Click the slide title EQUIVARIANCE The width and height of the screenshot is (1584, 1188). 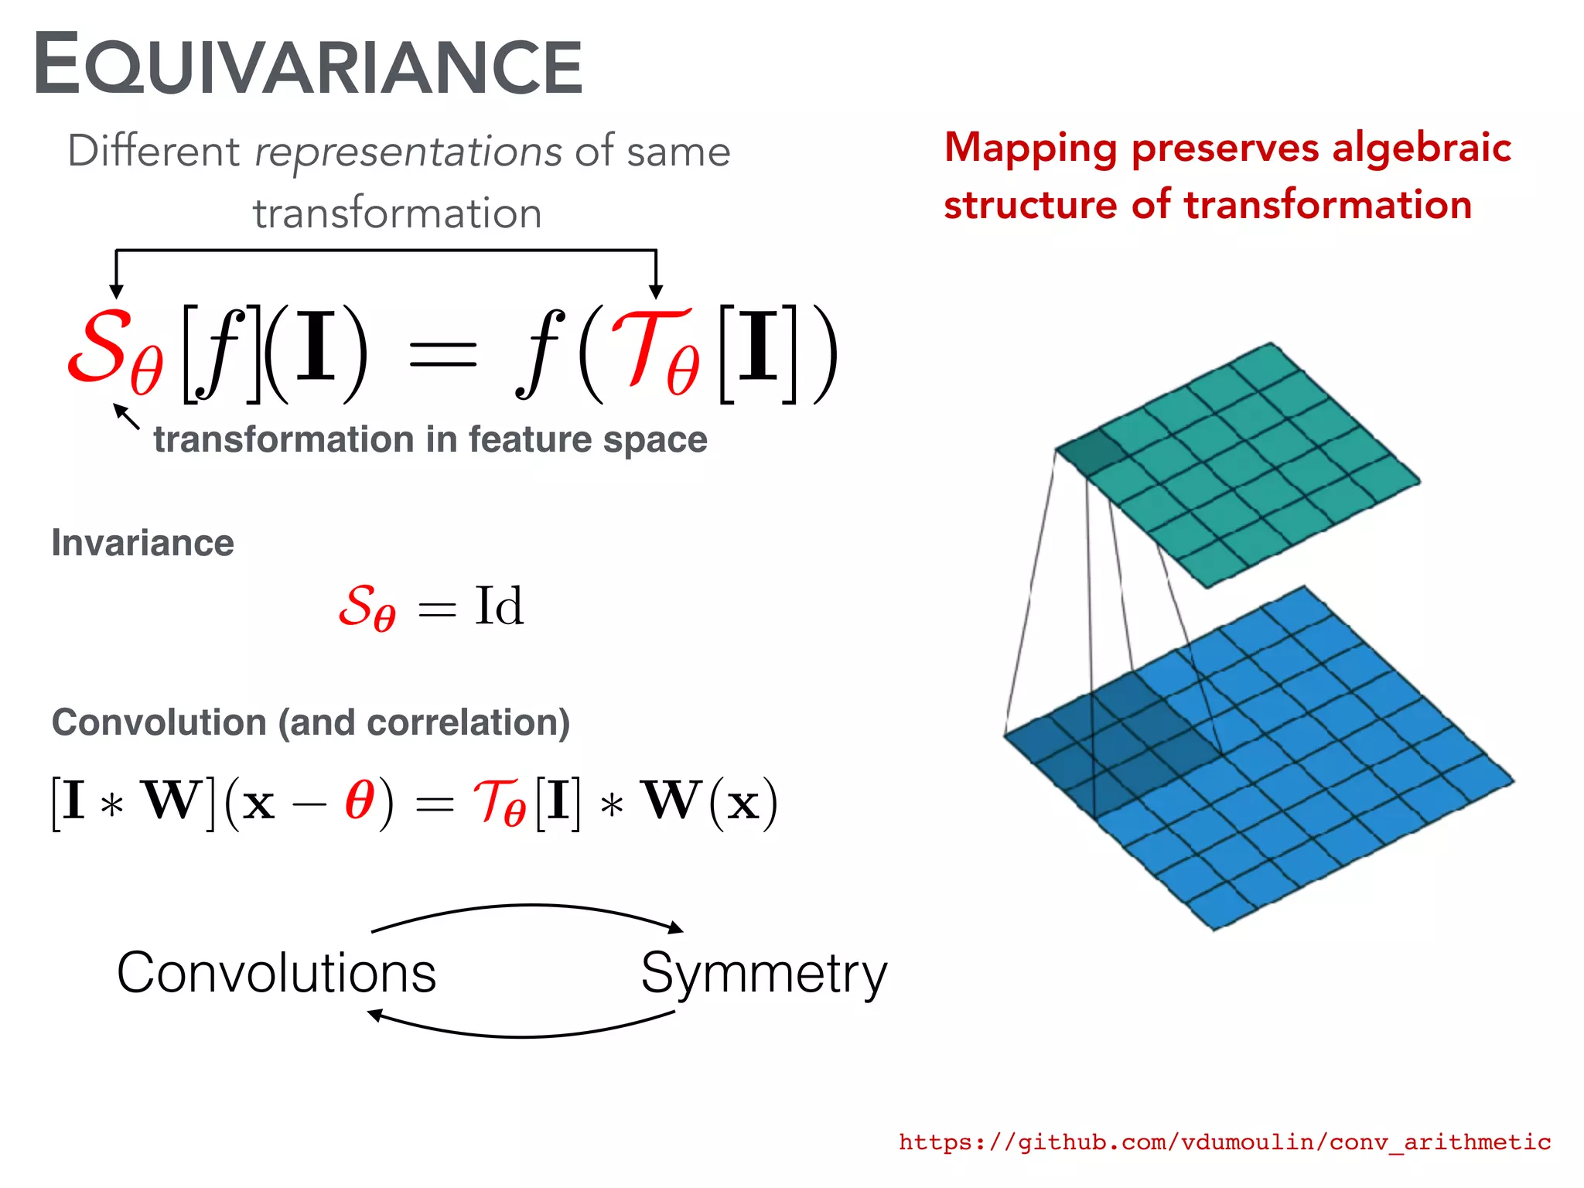click(x=308, y=66)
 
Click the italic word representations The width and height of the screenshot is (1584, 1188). click(x=408, y=151)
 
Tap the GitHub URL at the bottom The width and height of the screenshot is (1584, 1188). click(x=1224, y=1142)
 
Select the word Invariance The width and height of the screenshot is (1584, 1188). click(x=142, y=543)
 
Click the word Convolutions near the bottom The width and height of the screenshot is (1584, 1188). click(x=276, y=972)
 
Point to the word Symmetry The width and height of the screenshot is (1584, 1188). click(x=763, y=973)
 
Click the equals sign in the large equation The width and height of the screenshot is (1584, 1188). click(x=442, y=355)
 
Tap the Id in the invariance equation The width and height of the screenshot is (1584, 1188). click(x=499, y=606)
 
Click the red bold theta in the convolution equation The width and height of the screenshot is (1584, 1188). click(x=360, y=800)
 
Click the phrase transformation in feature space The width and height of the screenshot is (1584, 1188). click(x=430, y=439)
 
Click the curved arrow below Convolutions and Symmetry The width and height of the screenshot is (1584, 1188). click(x=522, y=1033)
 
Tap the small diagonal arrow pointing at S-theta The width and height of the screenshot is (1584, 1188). click(x=127, y=416)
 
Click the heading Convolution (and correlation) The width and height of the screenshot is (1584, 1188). click(x=310, y=722)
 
